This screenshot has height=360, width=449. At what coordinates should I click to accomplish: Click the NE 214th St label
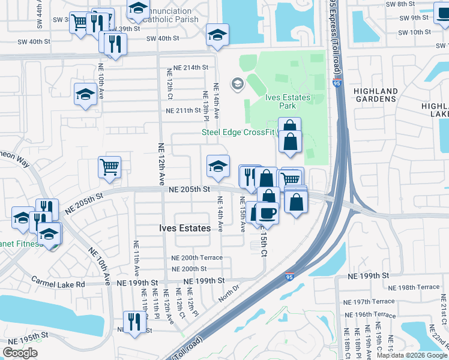coord(190,68)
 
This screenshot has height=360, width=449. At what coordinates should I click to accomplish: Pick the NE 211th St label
coord(183,110)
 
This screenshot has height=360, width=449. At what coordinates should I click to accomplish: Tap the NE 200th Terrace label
coord(194,258)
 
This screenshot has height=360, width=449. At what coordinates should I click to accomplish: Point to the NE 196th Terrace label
coord(369,314)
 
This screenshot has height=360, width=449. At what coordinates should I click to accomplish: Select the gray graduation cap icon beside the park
coord(238,83)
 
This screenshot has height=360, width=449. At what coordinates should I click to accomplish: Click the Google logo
coord(20,353)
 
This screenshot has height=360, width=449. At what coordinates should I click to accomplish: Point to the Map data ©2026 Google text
coord(412,355)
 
